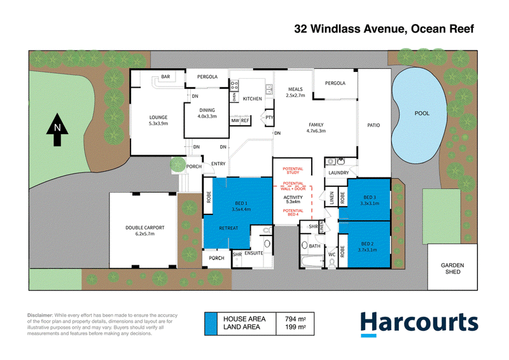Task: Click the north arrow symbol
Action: pyautogui.click(x=57, y=130)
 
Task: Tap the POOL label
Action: pyautogui.click(x=422, y=113)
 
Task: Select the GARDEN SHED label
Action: pyautogui.click(x=452, y=268)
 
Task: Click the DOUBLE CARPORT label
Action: pyautogui.click(x=145, y=228)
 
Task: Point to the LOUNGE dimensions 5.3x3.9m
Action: pyautogui.click(x=158, y=123)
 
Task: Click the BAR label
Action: pyautogui.click(x=165, y=76)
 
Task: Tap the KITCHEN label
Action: pyautogui.click(x=252, y=99)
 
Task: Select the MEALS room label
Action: pyautogui.click(x=295, y=89)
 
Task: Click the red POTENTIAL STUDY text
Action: pyautogui.click(x=293, y=170)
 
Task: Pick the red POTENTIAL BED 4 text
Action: pyautogui.click(x=293, y=212)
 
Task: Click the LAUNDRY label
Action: pyautogui.click(x=338, y=173)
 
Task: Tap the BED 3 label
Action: pyautogui.click(x=370, y=197)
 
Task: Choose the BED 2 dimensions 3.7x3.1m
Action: pyautogui.click(x=368, y=249)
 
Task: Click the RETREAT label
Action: pyautogui.click(x=228, y=228)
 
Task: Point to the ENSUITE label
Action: pyautogui.click(x=254, y=253)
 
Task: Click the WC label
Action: pyautogui.click(x=331, y=254)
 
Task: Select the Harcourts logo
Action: pyautogui.click(x=419, y=324)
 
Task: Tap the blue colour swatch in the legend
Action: pyautogui.click(x=211, y=324)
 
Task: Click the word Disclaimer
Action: pyautogui.click(x=40, y=315)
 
